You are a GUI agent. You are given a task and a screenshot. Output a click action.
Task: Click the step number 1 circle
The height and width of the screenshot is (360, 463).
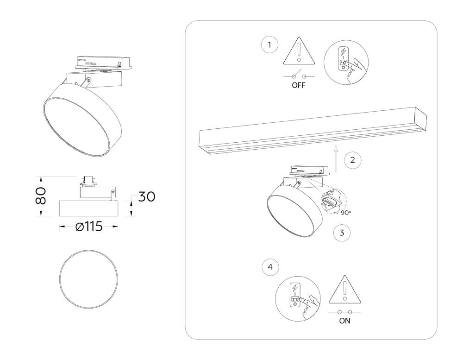pos(269,45)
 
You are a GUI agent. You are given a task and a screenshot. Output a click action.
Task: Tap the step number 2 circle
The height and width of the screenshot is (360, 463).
pos(352,160)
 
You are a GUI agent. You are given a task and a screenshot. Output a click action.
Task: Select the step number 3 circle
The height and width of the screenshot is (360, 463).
pos(342,233)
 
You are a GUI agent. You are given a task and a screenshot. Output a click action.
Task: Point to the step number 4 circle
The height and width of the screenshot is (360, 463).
pos(270,267)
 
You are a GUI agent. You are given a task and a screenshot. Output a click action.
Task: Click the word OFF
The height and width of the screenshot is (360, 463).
pos(299,86)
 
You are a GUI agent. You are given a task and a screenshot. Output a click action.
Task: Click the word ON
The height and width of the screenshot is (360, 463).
pos(344,321)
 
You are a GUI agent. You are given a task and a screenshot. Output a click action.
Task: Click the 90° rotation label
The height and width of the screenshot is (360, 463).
pos(346,213)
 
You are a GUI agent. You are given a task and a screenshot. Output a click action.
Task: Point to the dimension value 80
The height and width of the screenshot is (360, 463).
pos(42,196)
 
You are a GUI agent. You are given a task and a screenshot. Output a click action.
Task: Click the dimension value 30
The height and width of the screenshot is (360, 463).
pos(146,196)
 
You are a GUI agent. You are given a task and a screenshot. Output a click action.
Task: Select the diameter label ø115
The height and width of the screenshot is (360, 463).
pos(88,227)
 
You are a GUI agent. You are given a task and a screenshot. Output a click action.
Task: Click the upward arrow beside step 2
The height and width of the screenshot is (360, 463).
pos(337,157)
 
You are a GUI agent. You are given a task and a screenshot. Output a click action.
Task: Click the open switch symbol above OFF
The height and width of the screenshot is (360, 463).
pos(299,76)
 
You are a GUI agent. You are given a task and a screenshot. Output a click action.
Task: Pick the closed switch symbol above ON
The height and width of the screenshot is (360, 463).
pos(344,312)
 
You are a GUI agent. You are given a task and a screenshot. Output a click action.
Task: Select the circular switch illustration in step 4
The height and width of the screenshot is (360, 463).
pos(295,297)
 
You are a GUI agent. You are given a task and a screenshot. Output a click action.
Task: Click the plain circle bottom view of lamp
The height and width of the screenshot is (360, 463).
pos(88,278)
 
